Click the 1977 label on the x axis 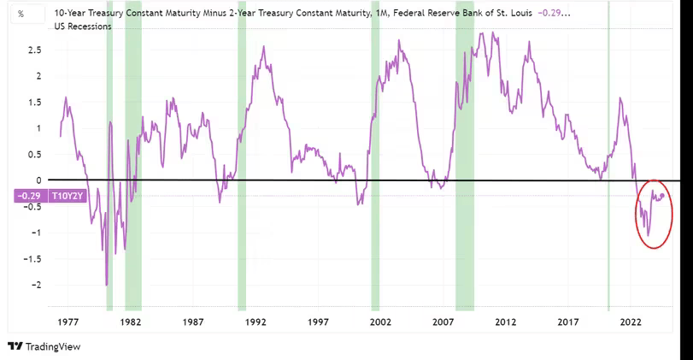(68, 322)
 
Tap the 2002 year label (380, 322)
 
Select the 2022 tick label (631, 322)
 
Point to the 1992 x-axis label (255, 322)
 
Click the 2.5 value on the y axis (33, 50)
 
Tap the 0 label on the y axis (38, 180)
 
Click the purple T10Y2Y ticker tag (67, 196)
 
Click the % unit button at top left (20, 15)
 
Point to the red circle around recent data (654, 214)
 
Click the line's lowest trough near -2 (107, 285)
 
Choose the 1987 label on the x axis (193, 322)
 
